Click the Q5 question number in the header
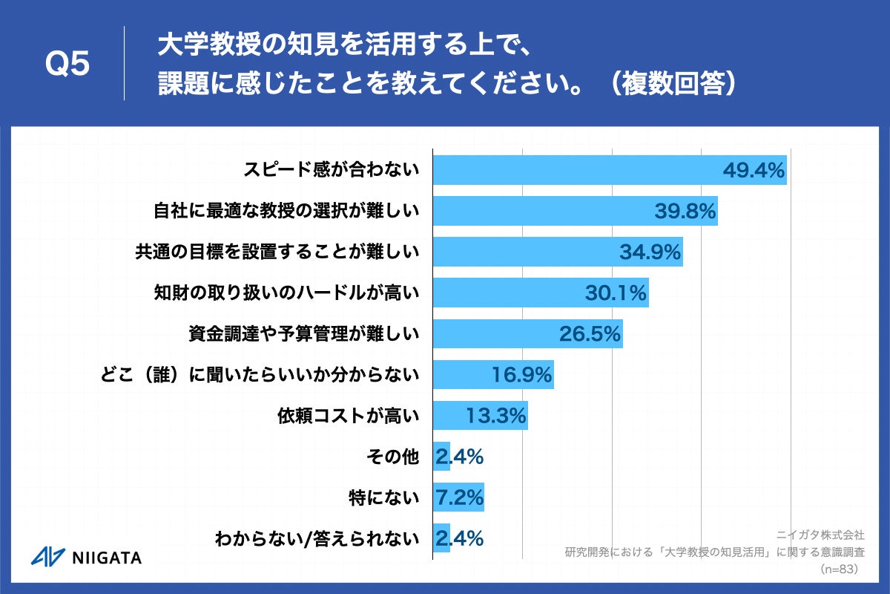(67, 65)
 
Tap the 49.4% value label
(754, 171)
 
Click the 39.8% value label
(685, 212)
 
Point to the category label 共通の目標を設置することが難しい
(277, 252)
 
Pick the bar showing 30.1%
(540, 293)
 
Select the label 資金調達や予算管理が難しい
(304, 334)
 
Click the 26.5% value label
(590, 334)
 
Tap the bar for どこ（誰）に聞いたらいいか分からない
(492, 375)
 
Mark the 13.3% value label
(496, 416)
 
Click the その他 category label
(393, 457)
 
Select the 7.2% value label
(459, 497)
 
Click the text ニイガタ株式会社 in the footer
(820, 535)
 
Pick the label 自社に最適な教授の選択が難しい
(286, 212)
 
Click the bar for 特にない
(458, 497)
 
